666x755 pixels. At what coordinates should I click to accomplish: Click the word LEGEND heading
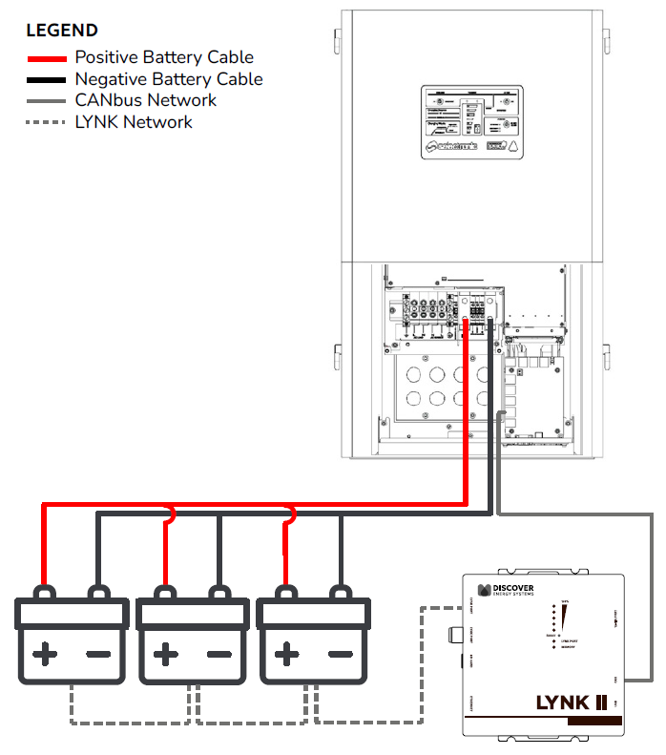pos(62,31)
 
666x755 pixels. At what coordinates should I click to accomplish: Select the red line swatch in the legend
pos(46,58)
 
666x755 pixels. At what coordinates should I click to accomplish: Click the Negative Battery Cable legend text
pos(168,79)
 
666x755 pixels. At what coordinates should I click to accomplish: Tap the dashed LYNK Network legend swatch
pos(46,122)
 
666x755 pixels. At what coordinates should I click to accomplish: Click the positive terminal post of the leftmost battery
pos(44,593)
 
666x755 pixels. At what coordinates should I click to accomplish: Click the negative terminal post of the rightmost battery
pos(339,593)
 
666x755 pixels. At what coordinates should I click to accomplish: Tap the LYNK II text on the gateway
pos(571,703)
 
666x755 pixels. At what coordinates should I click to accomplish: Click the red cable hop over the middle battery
pos(169,516)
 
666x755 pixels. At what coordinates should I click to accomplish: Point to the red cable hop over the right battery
pos(288,516)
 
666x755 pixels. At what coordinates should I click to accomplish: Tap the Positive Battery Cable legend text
pos(164,57)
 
